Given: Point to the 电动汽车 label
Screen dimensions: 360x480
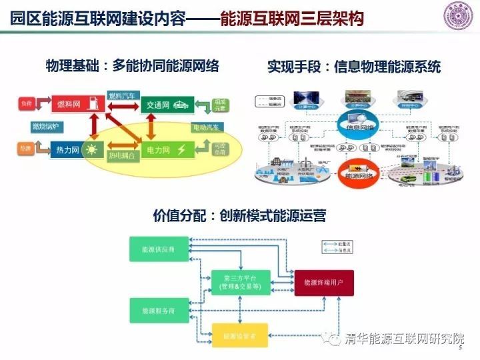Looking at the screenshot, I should click(207, 127).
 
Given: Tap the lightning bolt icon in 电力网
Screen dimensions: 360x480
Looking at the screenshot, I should click(181, 149).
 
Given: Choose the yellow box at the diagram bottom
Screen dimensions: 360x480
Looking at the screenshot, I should click(239, 334).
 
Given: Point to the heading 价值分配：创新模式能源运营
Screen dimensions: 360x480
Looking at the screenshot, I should click(239, 216).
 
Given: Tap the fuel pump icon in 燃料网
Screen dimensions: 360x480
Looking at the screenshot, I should click(97, 104).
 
